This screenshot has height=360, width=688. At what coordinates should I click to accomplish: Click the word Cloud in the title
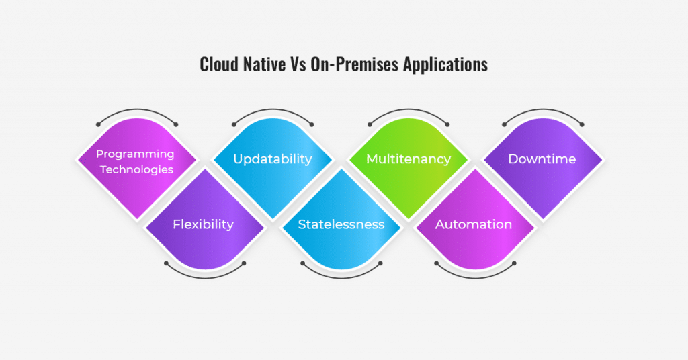click(x=220, y=64)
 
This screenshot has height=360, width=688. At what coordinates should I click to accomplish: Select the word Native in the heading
click(x=264, y=64)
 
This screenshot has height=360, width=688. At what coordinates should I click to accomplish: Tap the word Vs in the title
click(x=298, y=64)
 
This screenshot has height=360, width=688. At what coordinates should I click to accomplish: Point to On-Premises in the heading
click(x=355, y=64)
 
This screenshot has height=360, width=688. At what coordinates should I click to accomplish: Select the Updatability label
click(x=273, y=159)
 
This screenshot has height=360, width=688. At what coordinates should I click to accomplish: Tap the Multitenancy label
click(x=408, y=159)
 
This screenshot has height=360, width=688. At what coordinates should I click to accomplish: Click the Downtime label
click(x=542, y=159)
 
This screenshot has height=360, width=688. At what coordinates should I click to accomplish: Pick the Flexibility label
click(x=203, y=224)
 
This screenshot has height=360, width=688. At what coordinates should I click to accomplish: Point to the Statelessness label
click(x=341, y=224)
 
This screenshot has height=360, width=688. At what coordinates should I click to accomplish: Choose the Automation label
click(x=474, y=224)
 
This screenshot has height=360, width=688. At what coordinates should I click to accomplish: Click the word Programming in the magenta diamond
click(x=135, y=154)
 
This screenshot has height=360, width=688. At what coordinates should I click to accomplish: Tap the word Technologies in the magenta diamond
click(x=136, y=169)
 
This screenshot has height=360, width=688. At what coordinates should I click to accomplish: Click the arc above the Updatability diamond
click(x=273, y=109)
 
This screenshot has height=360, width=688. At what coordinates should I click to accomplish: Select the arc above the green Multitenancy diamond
click(x=408, y=109)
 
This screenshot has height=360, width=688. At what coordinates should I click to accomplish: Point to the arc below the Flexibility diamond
click(x=205, y=278)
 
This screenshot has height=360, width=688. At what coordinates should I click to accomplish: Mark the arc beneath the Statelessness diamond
click(x=341, y=278)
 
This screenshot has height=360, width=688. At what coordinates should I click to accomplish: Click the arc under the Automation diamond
click(x=475, y=278)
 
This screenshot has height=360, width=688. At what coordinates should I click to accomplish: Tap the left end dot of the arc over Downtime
click(x=504, y=124)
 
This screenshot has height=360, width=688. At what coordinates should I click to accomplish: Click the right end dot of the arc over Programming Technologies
click(x=176, y=124)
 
